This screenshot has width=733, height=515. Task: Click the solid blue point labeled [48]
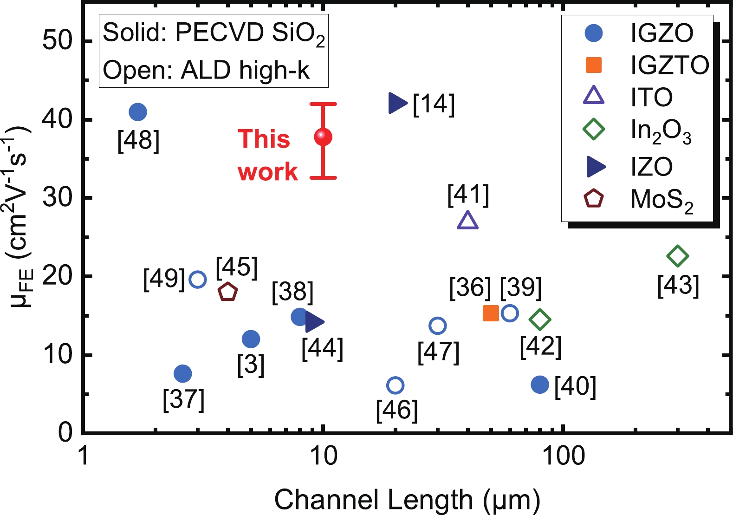pos(137,112)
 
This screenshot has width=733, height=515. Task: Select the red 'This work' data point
pos(323,137)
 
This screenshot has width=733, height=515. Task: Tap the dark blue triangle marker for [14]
pos(397,103)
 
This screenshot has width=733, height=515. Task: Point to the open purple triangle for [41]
pos(467,221)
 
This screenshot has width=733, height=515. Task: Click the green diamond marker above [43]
pos(677,256)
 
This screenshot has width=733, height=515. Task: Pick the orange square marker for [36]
pos(491,313)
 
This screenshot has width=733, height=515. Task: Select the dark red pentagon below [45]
pos(228,292)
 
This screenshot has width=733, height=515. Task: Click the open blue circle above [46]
pos(395,385)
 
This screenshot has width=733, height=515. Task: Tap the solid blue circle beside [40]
pos(540,385)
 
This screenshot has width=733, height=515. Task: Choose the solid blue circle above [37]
pos(183,373)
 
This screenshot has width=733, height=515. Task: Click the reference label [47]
pos(438,352)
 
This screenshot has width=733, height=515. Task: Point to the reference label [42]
pos(541,346)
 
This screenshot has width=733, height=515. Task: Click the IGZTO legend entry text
pos(669,65)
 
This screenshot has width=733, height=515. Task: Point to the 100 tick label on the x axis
pos(563,456)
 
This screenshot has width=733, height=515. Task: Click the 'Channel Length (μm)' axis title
pos(407,500)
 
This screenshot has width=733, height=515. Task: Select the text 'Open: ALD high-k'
pos(206,70)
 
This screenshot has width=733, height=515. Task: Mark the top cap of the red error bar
pos(323,104)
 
